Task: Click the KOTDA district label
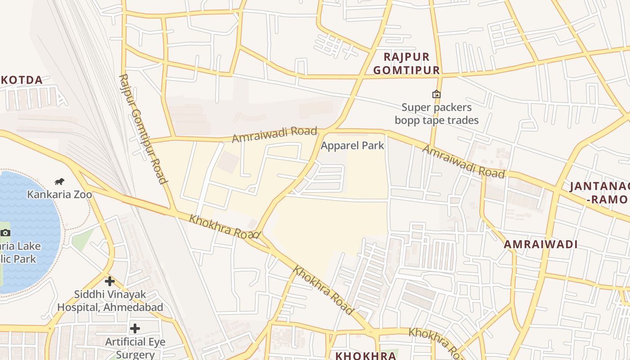point(22,81)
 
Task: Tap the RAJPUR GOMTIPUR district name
point(406,63)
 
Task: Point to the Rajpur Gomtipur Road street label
point(143,129)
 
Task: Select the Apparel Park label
point(352,145)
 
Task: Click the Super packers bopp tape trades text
point(436,114)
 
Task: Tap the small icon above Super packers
point(436,94)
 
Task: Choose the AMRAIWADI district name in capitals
point(540,244)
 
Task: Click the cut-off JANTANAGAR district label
point(599,193)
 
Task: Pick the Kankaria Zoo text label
point(59,194)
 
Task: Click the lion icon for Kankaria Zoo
point(59,182)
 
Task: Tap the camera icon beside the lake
point(5,233)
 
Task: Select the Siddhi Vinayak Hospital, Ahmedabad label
point(110,301)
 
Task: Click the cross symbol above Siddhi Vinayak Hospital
point(110,282)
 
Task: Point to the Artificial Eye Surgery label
point(135,348)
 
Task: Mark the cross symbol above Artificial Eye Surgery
point(135,328)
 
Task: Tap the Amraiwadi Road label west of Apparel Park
point(274,135)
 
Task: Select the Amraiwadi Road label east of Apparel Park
point(463,162)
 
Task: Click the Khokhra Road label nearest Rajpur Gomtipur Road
point(224,226)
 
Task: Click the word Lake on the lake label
point(28,246)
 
